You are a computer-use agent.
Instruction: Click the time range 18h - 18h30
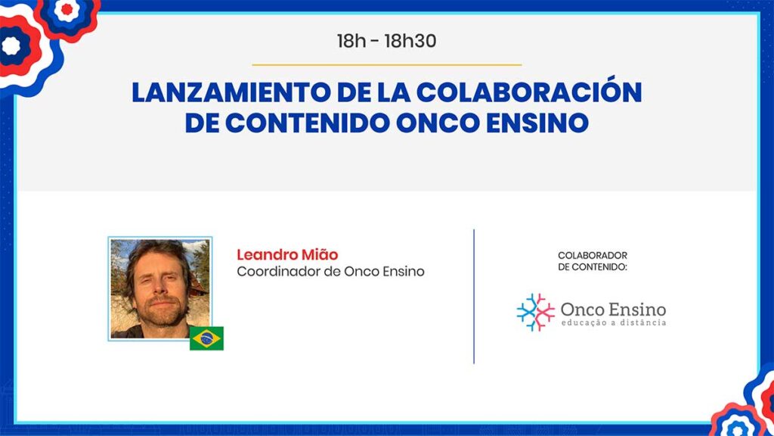386,41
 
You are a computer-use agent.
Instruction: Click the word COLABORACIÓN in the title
529,91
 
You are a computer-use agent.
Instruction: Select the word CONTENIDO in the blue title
307,123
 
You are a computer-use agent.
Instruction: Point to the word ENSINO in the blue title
537,123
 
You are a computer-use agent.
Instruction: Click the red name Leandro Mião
287,254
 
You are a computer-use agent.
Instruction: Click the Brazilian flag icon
207,338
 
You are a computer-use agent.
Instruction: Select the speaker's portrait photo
160,288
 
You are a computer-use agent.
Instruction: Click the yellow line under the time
386,64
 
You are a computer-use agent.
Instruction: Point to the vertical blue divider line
474,297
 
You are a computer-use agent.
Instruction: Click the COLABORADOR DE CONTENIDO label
593,261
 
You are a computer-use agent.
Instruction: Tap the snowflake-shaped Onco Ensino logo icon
536,312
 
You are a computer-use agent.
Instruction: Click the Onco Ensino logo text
614,310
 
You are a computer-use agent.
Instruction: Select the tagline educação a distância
614,322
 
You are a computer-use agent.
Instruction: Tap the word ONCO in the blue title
438,123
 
